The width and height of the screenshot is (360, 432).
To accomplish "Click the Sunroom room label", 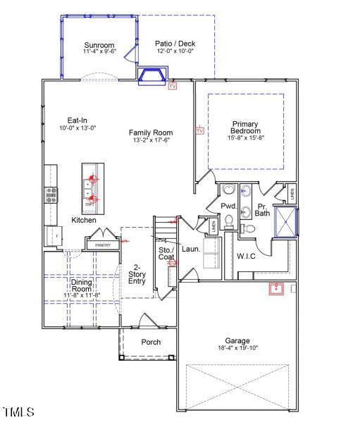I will pyautogui.click(x=99, y=44).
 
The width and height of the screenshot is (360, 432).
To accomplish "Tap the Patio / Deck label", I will pyautogui.click(x=175, y=44).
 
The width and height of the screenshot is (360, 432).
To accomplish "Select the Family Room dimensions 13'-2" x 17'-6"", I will pyautogui.click(x=151, y=140).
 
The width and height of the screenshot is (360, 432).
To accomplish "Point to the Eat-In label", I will pyautogui.click(x=77, y=120).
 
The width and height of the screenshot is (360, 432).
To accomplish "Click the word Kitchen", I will pyautogui.click(x=84, y=221).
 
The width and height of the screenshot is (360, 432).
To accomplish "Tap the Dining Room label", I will pyautogui.click(x=82, y=285).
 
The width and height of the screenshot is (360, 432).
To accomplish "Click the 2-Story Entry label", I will pyautogui.click(x=137, y=274).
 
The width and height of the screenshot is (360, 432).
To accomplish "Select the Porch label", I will pyautogui.click(x=151, y=342).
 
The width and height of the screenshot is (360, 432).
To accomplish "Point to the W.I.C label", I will pyautogui.click(x=246, y=255).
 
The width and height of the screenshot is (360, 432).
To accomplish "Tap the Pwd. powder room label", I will pyautogui.click(x=228, y=206).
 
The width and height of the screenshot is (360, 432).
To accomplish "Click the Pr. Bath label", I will pyautogui.click(x=262, y=209).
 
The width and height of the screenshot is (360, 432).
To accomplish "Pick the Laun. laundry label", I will pyautogui.click(x=191, y=249).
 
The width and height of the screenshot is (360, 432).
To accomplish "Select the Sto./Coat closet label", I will pyautogui.click(x=166, y=254).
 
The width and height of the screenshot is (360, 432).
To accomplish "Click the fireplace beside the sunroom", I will pyautogui.click(x=152, y=75).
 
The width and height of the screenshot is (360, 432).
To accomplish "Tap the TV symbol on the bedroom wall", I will pyautogui.click(x=199, y=131).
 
